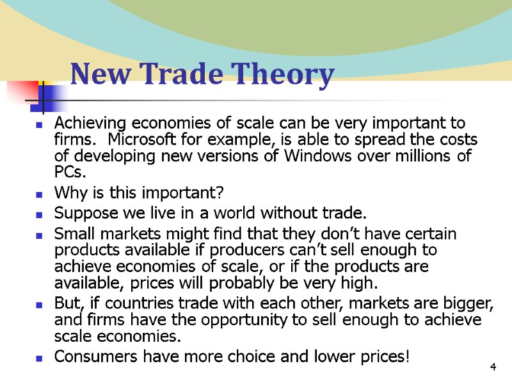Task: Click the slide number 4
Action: click(x=492, y=367)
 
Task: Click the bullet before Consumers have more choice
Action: click(x=40, y=358)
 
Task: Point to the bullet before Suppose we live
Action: click(x=40, y=214)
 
